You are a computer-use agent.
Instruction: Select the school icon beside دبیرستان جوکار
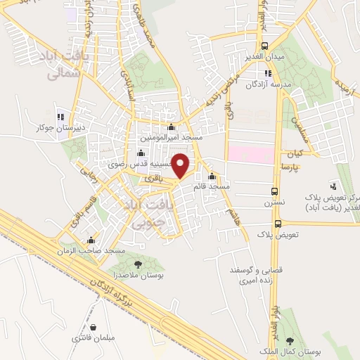(60, 117)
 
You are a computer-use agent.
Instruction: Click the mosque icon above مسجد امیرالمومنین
(172, 127)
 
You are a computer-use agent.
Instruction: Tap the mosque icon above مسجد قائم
(212, 176)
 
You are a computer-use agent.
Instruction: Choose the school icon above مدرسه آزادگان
(267, 73)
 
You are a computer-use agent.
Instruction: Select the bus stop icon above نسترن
(275, 191)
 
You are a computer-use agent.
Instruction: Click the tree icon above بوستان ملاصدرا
(137, 265)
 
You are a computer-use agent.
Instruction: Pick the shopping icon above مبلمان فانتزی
(94, 327)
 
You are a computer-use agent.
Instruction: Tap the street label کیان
(293, 153)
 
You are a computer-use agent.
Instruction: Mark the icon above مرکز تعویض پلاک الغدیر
(333, 186)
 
